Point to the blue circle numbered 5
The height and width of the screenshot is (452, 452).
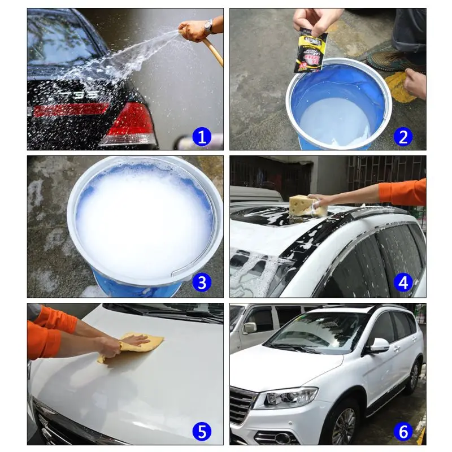coord(202,432)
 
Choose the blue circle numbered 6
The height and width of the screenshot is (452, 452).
coord(403,432)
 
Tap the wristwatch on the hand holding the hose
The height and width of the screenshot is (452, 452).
coord(208,25)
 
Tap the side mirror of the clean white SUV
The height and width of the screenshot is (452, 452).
coord(379,345)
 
